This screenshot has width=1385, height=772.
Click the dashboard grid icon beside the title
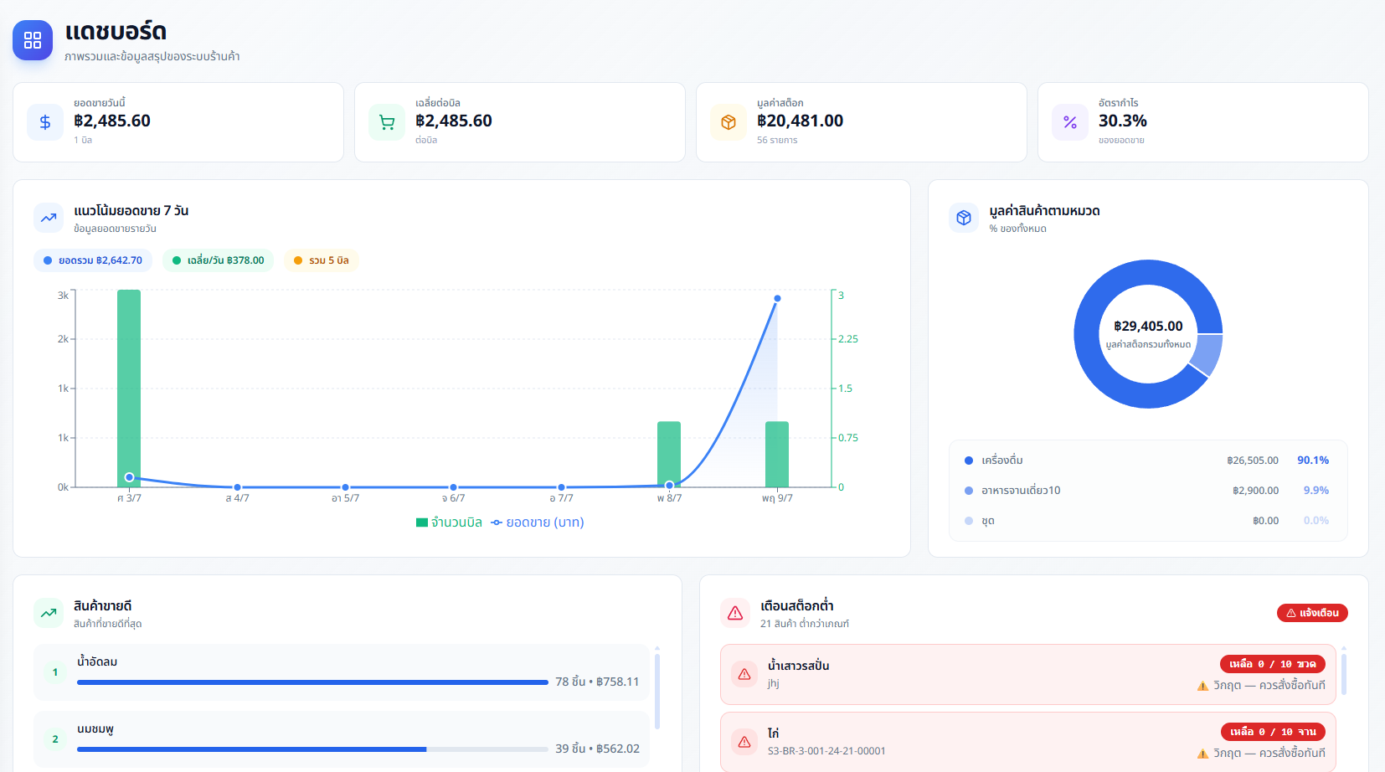tap(32, 40)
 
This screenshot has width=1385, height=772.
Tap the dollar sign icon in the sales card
tap(45, 122)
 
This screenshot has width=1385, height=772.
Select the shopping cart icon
tap(387, 122)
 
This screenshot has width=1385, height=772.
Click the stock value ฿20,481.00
tap(800, 121)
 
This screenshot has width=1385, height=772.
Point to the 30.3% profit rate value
tap(1122, 121)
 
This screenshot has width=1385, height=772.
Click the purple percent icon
tap(1070, 122)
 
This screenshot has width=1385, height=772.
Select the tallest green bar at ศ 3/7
tap(129, 389)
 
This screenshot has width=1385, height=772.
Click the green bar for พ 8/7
tap(669, 455)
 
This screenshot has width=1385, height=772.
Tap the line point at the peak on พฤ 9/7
tap(777, 299)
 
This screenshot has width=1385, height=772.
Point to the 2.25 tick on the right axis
tap(847, 339)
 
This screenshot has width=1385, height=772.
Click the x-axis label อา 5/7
tap(345, 498)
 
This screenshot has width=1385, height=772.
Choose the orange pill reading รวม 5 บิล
tap(321, 260)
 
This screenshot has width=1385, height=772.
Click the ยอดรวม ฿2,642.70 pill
tap(93, 260)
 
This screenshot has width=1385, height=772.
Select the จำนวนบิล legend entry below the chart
tap(449, 522)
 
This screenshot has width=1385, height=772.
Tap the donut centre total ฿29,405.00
tap(1148, 326)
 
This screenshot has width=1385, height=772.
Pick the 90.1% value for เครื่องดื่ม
tap(1313, 461)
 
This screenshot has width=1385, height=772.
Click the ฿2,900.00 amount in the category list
tap(1255, 491)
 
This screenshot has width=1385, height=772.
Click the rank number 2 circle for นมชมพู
tap(55, 739)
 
